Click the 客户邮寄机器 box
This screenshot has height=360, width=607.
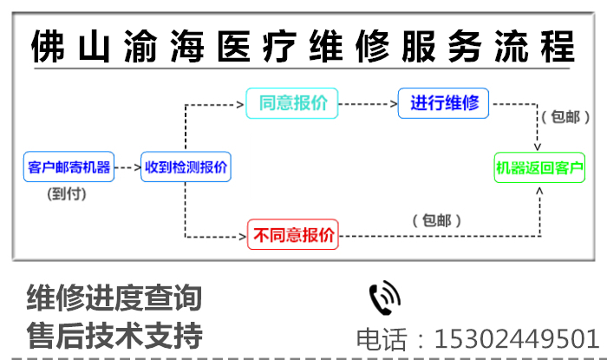[69, 167]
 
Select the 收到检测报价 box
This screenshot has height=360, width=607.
[186, 167]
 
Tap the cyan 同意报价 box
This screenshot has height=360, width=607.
[292, 103]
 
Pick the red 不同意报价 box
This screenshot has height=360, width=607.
[292, 234]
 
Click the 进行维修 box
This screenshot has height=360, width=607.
[444, 103]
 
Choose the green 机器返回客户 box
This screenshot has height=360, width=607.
[539, 167]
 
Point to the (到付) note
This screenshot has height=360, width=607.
[68, 194]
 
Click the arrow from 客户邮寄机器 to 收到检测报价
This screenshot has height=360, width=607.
[127, 166]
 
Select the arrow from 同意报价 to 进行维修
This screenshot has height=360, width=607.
[368, 104]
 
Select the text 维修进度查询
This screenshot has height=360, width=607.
[114, 298]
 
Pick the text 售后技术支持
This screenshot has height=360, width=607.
[114, 335]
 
